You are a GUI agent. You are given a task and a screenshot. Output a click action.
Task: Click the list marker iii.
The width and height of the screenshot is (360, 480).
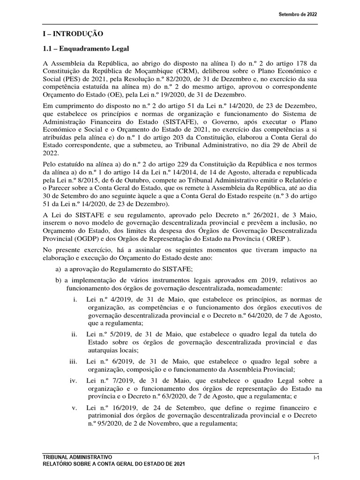(x=73, y=361)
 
